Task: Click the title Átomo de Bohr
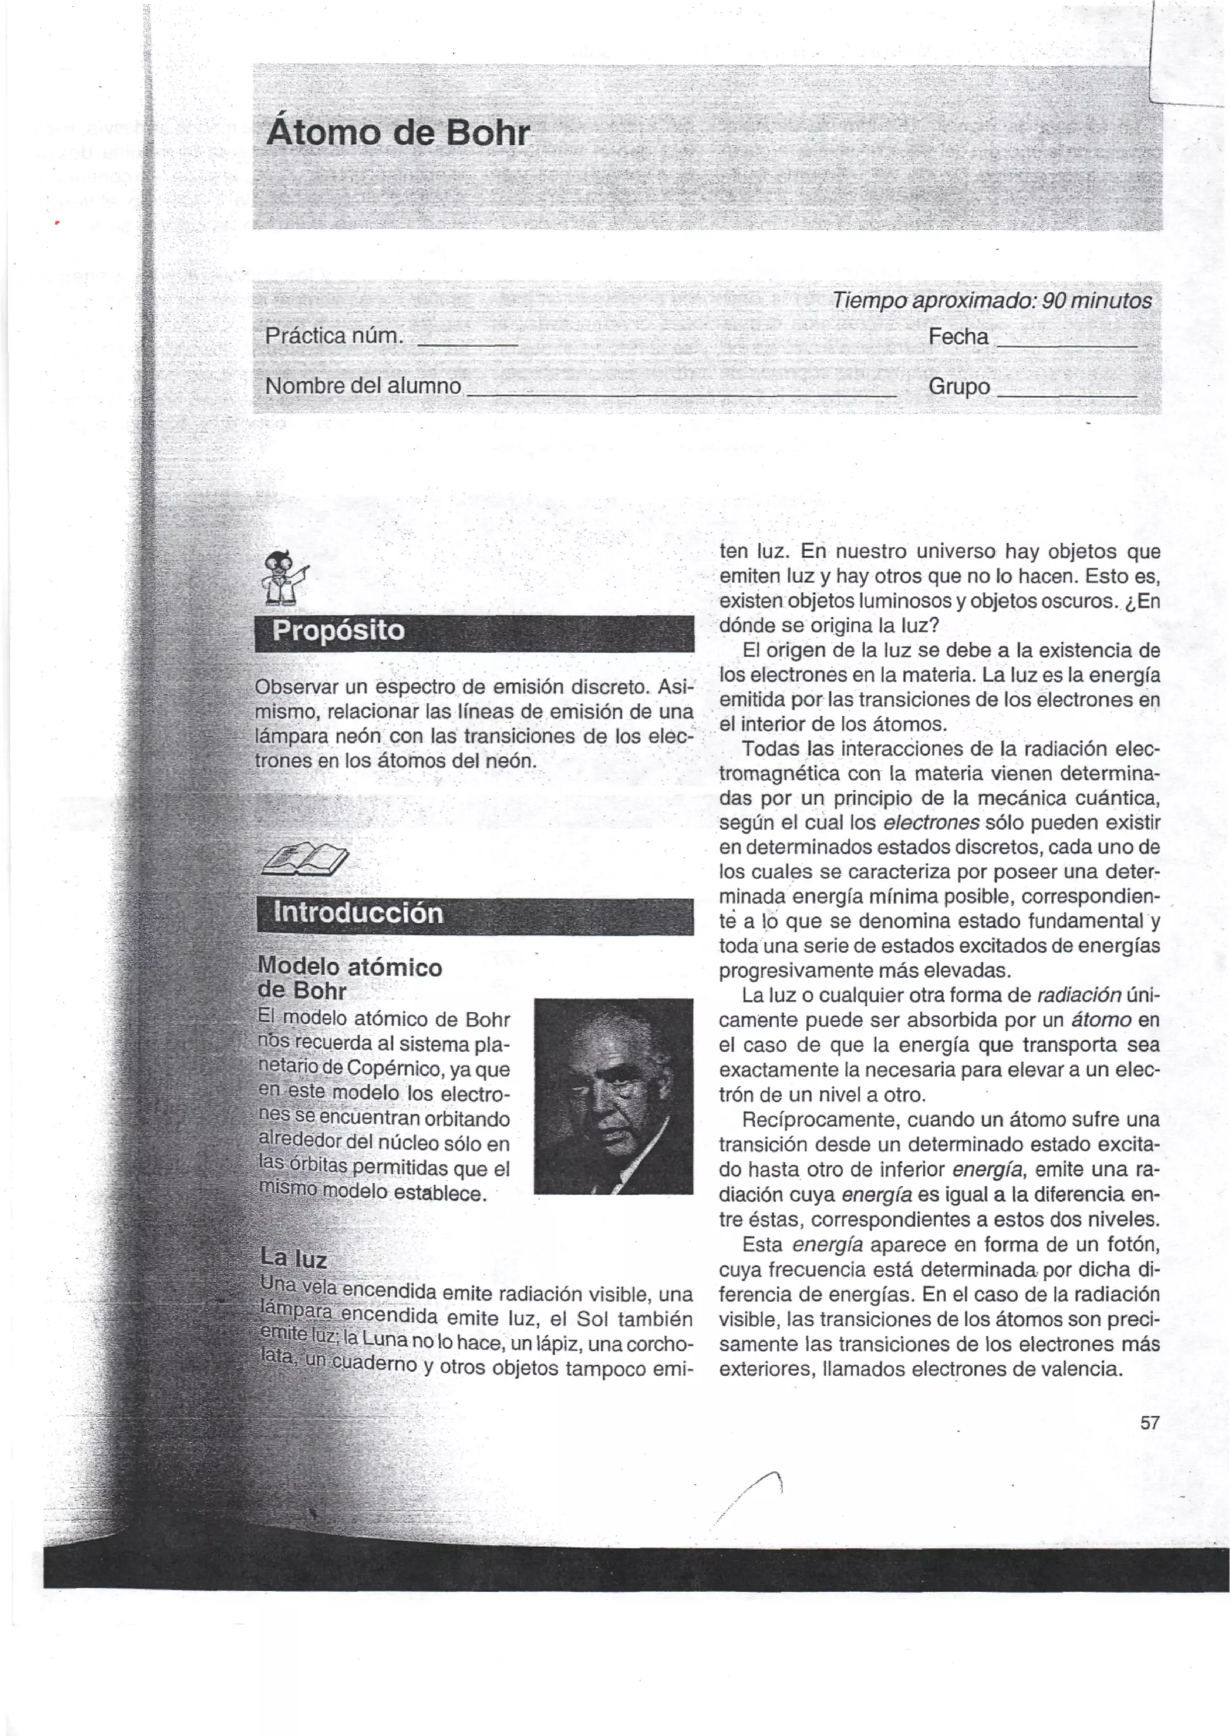[x=398, y=133]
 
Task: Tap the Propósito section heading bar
[x=474, y=633]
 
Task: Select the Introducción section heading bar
[x=474, y=914]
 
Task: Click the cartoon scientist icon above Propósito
[x=284, y=580]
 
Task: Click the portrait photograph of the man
[x=613, y=1096]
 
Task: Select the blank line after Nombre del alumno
[x=681, y=395]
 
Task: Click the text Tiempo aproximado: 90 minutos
[x=992, y=302]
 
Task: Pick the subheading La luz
[x=293, y=1258]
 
